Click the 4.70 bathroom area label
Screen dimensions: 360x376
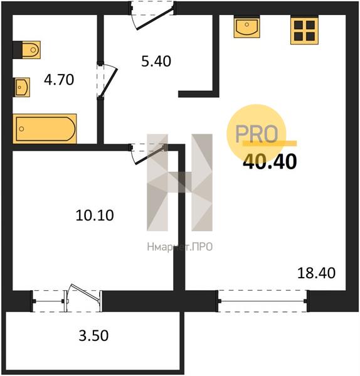click(x=59, y=80)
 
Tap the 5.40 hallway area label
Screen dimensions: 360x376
click(x=156, y=61)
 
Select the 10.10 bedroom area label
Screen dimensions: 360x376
click(x=95, y=215)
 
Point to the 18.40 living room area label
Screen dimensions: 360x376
click(x=316, y=273)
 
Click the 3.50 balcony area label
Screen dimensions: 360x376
click(x=93, y=335)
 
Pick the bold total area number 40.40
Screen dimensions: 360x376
click(x=270, y=162)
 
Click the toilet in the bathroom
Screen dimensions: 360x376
click(x=26, y=50)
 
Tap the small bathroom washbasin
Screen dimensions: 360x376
click(x=21, y=87)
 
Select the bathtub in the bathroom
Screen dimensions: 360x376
click(x=45, y=128)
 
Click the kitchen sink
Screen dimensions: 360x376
click(x=246, y=27)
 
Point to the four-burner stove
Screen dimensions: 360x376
click(x=304, y=31)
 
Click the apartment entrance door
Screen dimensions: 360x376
click(x=152, y=16)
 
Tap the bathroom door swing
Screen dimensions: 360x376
click(x=107, y=80)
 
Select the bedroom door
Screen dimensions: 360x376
click(x=147, y=154)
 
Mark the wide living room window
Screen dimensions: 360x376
click(x=263, y=301)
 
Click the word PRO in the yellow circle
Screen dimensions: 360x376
click(x=257, y=133)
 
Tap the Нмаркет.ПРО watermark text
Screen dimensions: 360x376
click(x=180, y=247)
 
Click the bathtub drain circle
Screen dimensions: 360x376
click(x=21, y=128)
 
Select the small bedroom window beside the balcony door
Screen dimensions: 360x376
click(x=48, y=301)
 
